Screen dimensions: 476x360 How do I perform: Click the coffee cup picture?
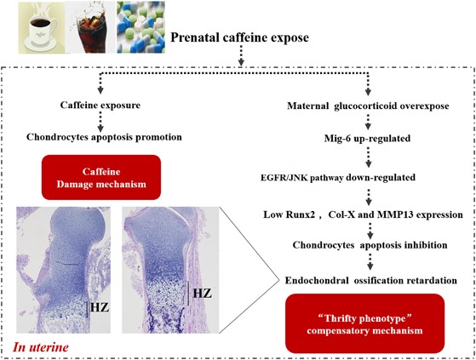41,27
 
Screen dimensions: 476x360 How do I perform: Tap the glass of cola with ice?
90,27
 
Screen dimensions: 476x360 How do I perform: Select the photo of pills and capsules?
141,27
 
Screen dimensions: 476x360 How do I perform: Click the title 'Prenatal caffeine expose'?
239,37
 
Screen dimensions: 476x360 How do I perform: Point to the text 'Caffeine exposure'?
100,106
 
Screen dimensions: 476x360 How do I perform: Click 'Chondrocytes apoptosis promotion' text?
104,137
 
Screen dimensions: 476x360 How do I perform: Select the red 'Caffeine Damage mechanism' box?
101,177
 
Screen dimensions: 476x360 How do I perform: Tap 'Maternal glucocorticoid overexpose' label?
368,106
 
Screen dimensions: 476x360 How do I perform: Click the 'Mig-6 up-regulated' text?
367,139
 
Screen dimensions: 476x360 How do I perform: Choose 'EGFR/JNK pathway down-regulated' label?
338,177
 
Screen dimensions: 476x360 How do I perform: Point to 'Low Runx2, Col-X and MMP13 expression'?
363,214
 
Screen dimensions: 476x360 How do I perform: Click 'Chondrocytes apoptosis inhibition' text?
370,245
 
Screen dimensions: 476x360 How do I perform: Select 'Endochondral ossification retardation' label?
371,280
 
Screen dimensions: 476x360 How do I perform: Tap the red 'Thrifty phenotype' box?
365,323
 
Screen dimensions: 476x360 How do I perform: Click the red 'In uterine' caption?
41,347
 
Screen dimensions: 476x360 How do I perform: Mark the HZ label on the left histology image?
100,308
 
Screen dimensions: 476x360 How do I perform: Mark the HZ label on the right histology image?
203,294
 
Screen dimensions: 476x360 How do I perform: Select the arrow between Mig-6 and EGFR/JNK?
368,157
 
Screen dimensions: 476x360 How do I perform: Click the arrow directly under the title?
241,55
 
